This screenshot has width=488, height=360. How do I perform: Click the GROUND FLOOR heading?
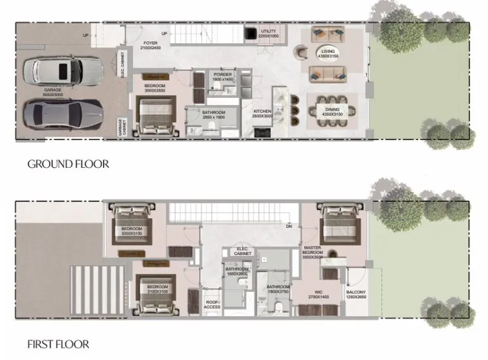68,163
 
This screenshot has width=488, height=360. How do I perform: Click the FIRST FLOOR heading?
58,345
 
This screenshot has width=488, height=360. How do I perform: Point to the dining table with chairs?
332,111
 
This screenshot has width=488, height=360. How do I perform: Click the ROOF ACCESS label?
212,303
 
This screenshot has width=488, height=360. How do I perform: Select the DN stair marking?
289,226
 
